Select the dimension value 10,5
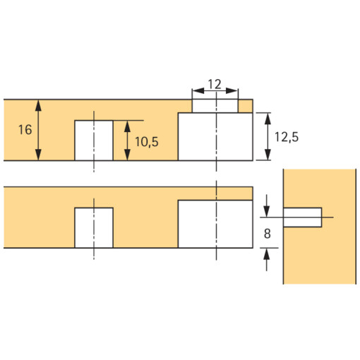(x=145, y=142)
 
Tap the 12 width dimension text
(x=215, y=84)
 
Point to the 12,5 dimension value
(x=286, y=138)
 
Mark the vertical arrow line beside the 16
(x=40, y=130)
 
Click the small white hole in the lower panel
(x=93, y=227)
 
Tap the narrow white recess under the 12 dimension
(x=215, y=106)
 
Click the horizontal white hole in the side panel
(x=302, y=217)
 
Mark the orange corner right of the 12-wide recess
(x=246, y=106)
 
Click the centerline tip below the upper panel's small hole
(x=93, y=169)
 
